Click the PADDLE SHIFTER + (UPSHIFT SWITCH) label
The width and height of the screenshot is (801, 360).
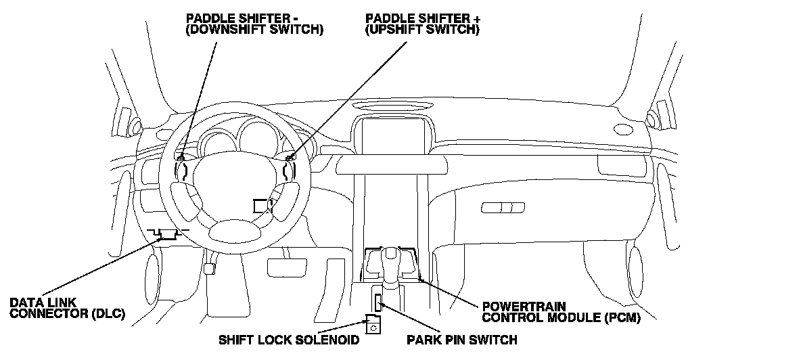point(422,24)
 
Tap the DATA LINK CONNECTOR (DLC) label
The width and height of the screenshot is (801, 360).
point(68,309)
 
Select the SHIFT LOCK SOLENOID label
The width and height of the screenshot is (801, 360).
point(289,339)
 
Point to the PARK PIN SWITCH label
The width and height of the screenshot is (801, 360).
point(461,339)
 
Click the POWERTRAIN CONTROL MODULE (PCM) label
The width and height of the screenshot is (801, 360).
point(560,311)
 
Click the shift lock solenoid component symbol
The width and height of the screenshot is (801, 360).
point(372,325)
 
